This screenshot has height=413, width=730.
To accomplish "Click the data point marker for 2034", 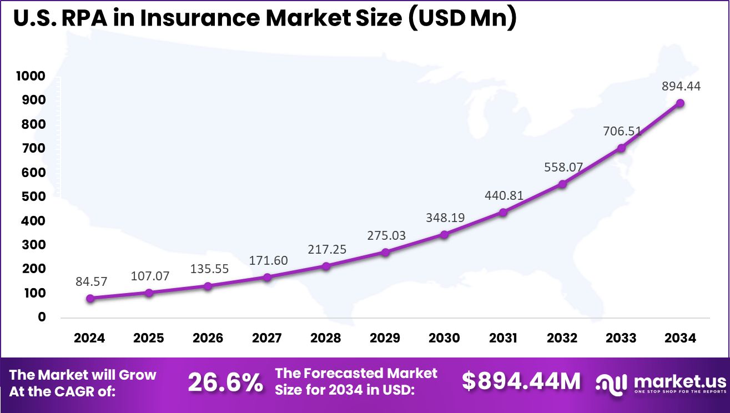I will [680, 103].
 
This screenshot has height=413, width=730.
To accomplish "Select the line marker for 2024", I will [90, 298].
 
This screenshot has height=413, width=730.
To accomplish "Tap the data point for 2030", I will [444, 234].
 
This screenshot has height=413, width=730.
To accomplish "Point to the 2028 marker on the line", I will [326, 266].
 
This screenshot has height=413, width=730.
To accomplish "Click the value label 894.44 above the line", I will [681, 86].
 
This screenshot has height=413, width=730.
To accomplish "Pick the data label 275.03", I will [386, 235].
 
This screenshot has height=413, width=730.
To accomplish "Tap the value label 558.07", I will [562, 167].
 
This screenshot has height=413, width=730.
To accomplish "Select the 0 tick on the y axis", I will [42, 317].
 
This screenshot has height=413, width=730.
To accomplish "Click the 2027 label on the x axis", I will [267, 338].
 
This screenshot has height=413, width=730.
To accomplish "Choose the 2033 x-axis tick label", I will [621, 338].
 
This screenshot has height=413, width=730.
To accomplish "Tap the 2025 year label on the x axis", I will [149, 338].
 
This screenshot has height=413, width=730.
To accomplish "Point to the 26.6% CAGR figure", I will [225, 382].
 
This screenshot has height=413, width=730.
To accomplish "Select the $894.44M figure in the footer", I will [521, 381].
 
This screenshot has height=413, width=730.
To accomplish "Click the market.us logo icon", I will [611, 382].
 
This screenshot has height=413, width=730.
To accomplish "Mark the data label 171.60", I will [268, 260].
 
